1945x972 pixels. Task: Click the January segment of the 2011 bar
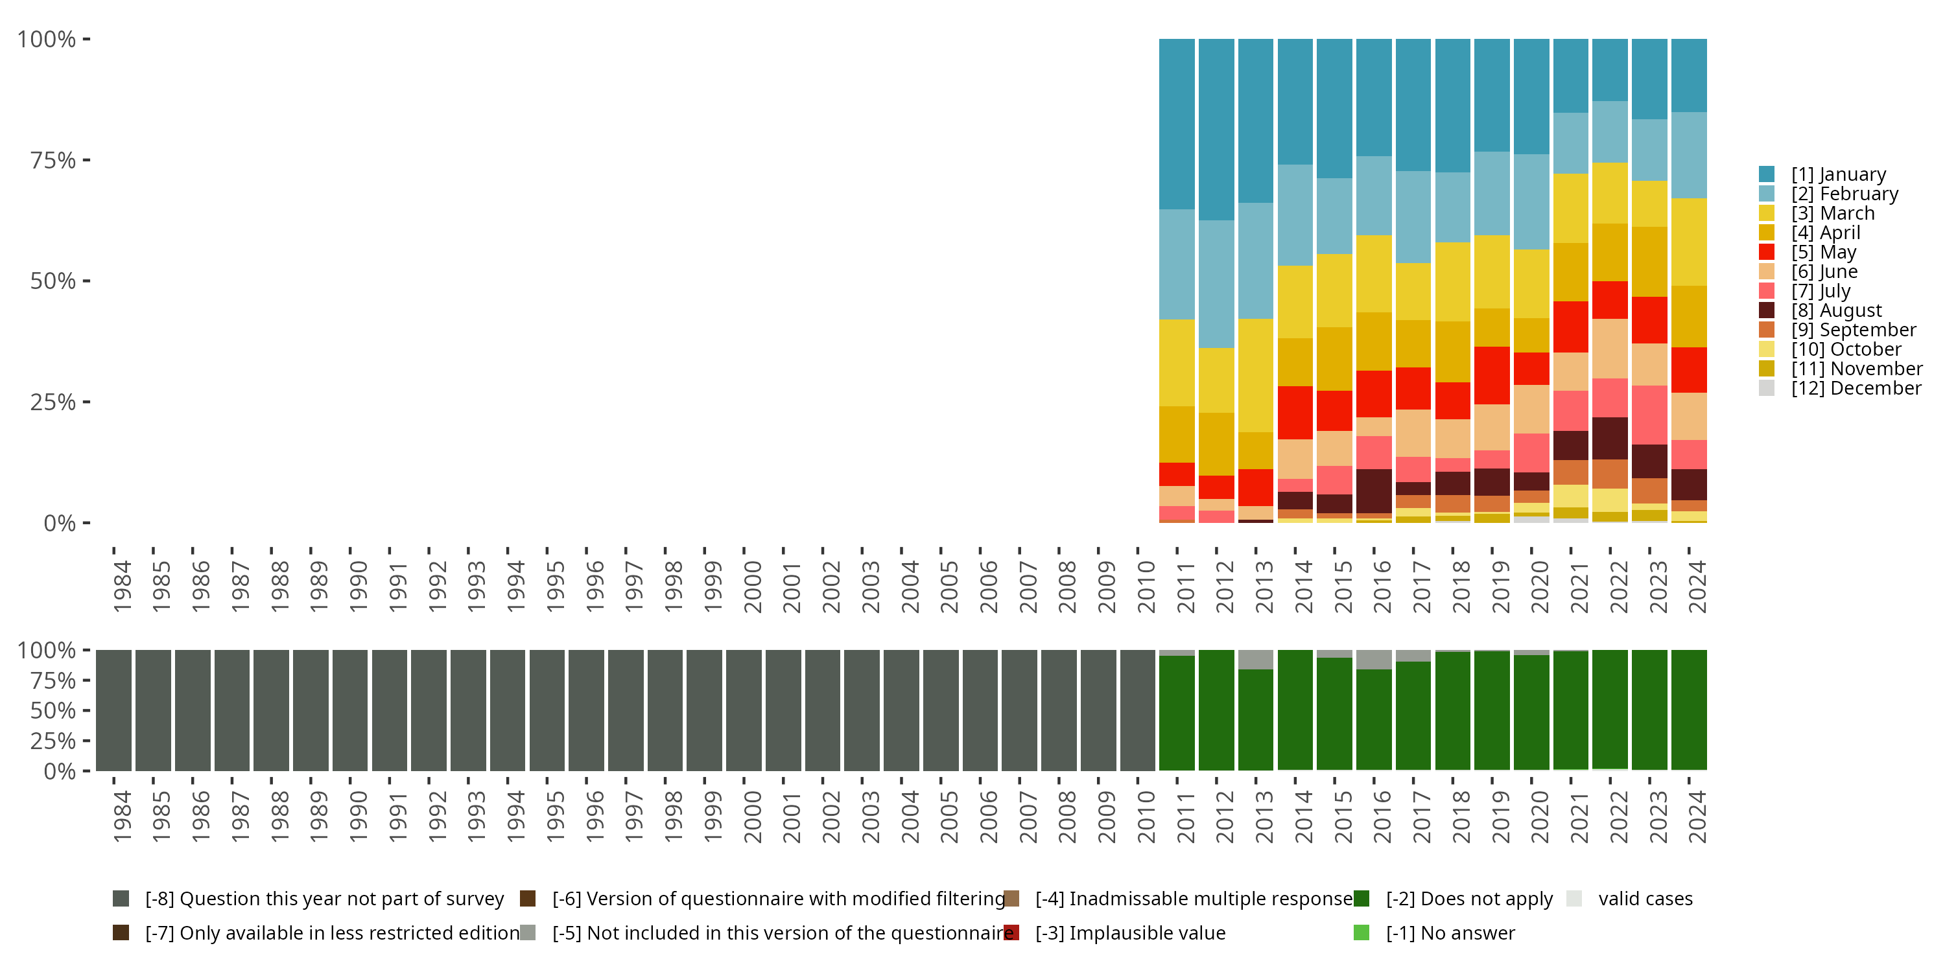pyautogui.click(x=1176, y=124)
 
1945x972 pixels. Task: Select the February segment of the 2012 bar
pyautogui.click(x=1216, y=284)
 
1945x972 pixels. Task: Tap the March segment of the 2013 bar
pyautogui.click(x=1256, y=375)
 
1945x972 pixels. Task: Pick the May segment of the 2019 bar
pyautogui.click(x=1492, y=375)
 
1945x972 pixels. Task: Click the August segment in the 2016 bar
pyautogui.click(x=1373, y=491)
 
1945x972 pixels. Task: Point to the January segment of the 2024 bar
pyautogui.click(x=1688, y=75)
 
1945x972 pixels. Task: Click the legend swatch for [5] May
pyautogui.click(x=1766, y=252)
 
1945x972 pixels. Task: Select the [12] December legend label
pyautogui.click(x=1856, y=389)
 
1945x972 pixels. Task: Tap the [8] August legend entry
pyautogui.click(x=1836, y=311)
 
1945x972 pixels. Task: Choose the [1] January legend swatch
pyautogui.click(x=1766, y=174)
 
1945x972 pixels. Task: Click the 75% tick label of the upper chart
pyautogui.click(x=53, y=160)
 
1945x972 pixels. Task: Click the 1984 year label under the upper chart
pyautogui.click(x=122, y=586)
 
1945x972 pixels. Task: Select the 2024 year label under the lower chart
pyautogui.click(x=1697, y=816)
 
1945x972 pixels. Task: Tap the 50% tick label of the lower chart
pyautogui.click(x=53, y=711)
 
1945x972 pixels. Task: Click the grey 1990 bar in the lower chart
pyautogui.click(x=350, y=711)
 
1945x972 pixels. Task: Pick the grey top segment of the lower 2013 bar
pyautogui.click(x=1256, y=660)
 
